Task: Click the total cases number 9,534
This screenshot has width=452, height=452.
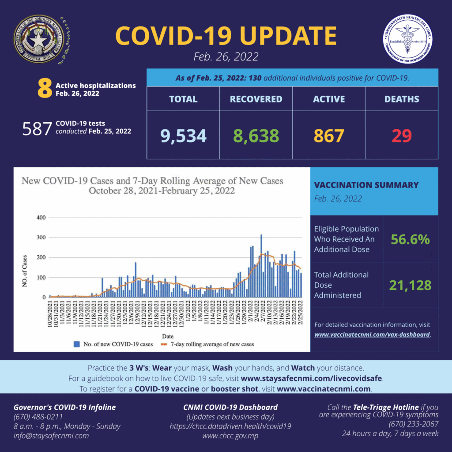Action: [x=183, y=136]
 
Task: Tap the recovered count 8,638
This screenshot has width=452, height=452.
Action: [x=256, y=136]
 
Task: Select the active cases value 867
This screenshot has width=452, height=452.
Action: [x=328, y=136]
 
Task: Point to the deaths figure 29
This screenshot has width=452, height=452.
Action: [x=401, y=136]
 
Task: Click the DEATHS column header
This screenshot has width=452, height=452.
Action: [x=401, y=99]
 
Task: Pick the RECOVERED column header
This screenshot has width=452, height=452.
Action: [x=256, y=99]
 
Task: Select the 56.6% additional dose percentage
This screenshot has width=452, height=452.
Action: [x=410, y=239]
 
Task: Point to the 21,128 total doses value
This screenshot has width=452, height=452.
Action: [x=410, y=285]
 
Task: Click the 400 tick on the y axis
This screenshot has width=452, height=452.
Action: [x=41, y=218]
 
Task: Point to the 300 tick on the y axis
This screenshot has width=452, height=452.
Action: [x=41, y=237]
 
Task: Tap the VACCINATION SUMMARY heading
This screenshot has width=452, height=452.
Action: [x=366, y=185]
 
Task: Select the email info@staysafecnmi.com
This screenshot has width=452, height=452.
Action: [x=51, y=436]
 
